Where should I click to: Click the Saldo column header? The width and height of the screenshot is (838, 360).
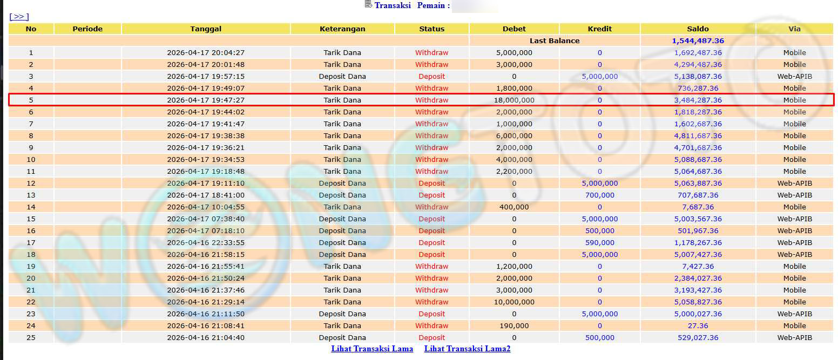[x=698, y=29]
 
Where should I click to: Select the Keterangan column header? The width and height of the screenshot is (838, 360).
[x=342, y=29]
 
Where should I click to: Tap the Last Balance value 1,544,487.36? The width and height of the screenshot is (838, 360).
[x=698, y=40]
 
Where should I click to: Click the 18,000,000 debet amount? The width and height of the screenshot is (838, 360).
[x=514, y=100]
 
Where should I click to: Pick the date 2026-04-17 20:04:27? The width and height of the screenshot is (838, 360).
[x=206, y=52]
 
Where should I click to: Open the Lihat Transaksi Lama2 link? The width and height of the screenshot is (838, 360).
[x=467, y=349]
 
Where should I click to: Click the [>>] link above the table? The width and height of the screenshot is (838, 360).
[x=19, y=17]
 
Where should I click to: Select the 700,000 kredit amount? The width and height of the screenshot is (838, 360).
[x=599, y=195]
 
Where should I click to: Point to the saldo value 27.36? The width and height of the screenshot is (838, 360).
[x=698, y=325]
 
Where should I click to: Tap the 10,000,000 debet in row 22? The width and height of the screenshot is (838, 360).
[x=514, y=302]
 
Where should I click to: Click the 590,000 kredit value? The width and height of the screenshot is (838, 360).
[x=599, y=242]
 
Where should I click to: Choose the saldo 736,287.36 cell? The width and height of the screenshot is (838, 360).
[x=698, y=88]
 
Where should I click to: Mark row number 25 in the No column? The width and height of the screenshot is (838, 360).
[x=31, y=337]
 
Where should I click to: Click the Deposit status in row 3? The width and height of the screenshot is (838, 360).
[x=431, y=76]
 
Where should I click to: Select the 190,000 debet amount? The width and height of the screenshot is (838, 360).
[x=514, y=325]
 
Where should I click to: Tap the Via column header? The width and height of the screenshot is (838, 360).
[x=794, y=29]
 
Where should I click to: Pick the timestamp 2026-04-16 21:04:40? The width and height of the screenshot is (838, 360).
[x=206, y=337]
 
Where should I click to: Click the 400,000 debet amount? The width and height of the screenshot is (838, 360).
[x=514, y=207]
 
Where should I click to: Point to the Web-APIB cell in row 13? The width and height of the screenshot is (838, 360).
[x=794, y=195]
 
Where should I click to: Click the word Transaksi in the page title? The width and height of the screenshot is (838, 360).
[x=393, y=5]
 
